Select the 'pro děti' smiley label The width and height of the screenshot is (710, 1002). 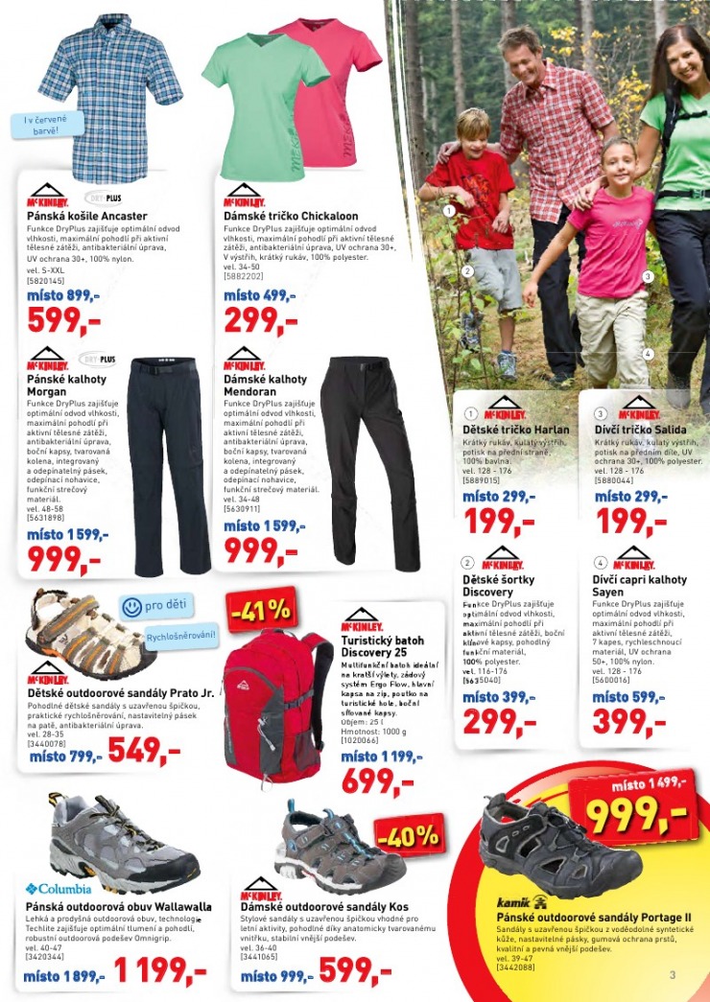point(158,606)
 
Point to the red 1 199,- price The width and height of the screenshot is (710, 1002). point(160,973)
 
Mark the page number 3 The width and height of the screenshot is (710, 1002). point(673,975)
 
